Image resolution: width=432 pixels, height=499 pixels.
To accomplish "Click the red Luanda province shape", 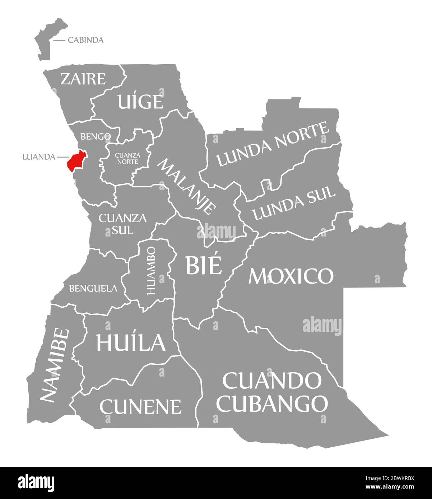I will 76,161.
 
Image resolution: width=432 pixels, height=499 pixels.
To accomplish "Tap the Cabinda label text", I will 85,40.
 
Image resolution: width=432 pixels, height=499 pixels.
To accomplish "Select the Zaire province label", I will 83,79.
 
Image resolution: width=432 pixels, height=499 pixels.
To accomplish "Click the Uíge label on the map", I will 141,102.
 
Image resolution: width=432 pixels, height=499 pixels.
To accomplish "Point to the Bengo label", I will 95,136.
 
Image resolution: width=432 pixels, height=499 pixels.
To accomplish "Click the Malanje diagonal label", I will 187,186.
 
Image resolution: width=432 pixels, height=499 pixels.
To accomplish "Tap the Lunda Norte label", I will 273,144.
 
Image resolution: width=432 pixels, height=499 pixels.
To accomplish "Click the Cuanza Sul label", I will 117,223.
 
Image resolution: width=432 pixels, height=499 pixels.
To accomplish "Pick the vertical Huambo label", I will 151,270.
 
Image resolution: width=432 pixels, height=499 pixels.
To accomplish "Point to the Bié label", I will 203,265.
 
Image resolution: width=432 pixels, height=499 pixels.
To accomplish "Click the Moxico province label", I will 291,276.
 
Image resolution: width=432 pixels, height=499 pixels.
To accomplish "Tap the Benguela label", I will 93,288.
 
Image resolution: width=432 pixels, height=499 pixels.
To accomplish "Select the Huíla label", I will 130,342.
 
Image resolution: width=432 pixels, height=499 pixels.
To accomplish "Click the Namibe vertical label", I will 54,365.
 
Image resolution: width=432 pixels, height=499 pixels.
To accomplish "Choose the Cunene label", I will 140,406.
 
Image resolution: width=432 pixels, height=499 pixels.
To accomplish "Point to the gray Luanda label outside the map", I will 38,157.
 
